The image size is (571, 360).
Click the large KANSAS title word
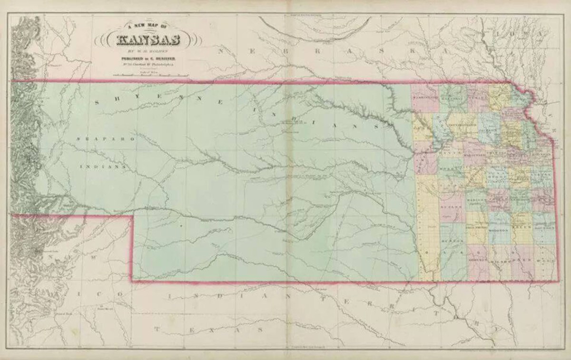pyautogui.click(x=148, y=40)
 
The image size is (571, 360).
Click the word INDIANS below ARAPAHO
pyautogui.click(x=103, y=167)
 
